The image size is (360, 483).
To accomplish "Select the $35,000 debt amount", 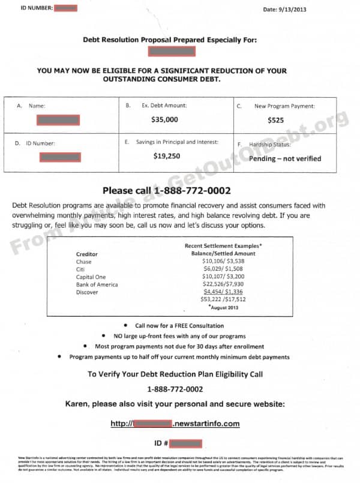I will (164, 119).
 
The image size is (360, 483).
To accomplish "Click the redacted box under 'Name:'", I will (58, 120).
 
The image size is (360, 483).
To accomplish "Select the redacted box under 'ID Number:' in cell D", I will (60, 157).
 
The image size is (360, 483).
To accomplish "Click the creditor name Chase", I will (84, 262).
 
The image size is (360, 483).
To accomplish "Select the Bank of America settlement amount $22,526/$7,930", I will (223, 284).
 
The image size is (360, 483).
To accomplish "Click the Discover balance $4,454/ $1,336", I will (223, 292).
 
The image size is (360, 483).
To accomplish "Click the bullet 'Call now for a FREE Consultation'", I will (179, 326).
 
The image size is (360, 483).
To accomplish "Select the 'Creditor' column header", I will (87, 254).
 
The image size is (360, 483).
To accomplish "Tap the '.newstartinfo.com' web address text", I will (206, 424).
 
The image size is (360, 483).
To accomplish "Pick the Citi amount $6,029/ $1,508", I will (223, 269).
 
